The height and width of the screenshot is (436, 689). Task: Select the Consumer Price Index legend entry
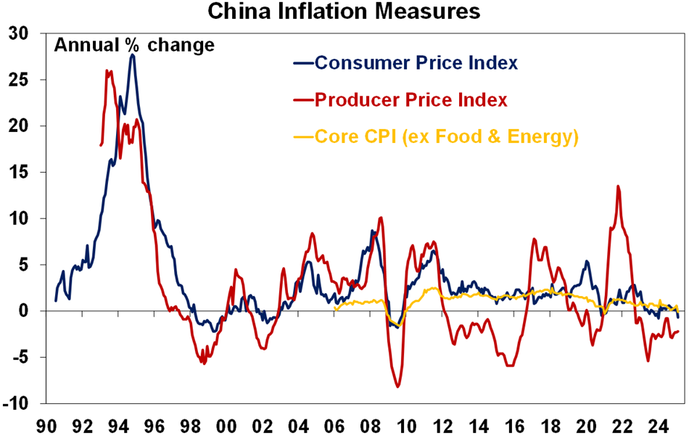tap(416, 63)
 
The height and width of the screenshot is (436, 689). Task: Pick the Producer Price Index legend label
tap(410, 100)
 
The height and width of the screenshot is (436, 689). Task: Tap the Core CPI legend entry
tap(446, 137)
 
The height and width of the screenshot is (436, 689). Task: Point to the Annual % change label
tap(134, 45)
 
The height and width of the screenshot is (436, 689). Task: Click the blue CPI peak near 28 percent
tap(132, 55)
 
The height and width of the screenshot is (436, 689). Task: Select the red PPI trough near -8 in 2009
tap(398, 387)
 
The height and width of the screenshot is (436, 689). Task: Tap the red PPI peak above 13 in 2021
tap(618, 186)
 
